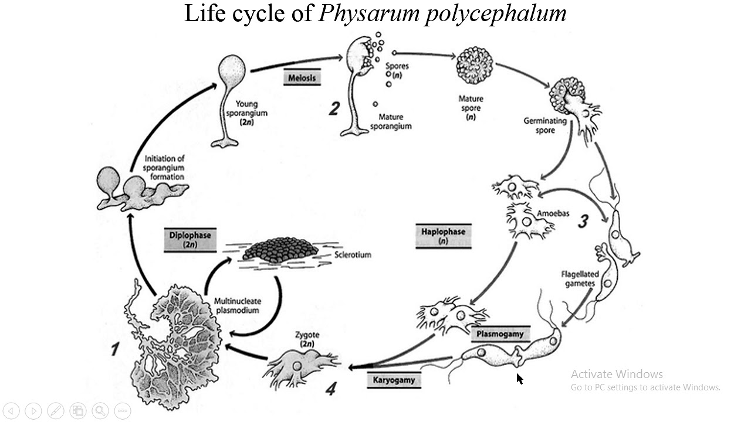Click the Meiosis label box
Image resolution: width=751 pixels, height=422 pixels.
[x=302, y=78]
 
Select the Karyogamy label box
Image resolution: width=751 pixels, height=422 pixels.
[x=394, y=380]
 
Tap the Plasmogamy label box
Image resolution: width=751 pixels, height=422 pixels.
[x=500, y=334]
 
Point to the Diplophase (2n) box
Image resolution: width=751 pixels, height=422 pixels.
[x=190, y=240]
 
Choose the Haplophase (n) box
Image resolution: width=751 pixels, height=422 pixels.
[x=443, y=236]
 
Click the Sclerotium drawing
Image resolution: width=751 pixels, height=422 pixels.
[x=280, y=250]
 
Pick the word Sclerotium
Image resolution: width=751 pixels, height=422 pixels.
[x=353, y=255]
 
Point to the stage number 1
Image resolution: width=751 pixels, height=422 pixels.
[x=115, y=349]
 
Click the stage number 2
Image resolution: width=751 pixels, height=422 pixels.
[x=334, y=108]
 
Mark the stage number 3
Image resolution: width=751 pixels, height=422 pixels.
[x=583, y=221]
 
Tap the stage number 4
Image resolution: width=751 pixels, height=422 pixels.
[x=331, y=388]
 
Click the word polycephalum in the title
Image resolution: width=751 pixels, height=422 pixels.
[x=496, y=13]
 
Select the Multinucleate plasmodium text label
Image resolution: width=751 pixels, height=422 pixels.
[x=237, y=305]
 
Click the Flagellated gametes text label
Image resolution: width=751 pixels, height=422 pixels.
[x=580, y=278]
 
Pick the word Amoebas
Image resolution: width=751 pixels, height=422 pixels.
[x=553, y=213]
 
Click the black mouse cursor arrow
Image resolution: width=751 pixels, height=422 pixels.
[x=519, y=379]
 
